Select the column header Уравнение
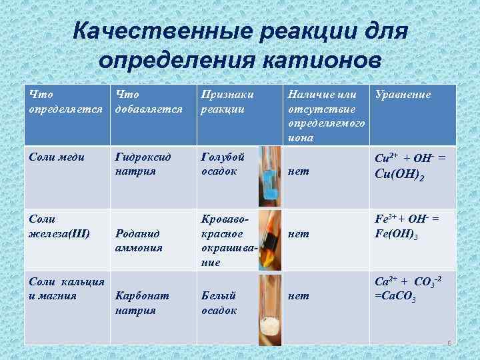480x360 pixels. [403, 95]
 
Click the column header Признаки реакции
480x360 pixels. [227, 101]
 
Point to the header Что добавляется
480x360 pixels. [148, 101]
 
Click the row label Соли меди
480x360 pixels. [57, 157]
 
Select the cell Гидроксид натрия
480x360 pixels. [143, 164]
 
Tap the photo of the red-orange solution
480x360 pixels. [269, 240]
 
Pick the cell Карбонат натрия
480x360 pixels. [142, 302]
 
